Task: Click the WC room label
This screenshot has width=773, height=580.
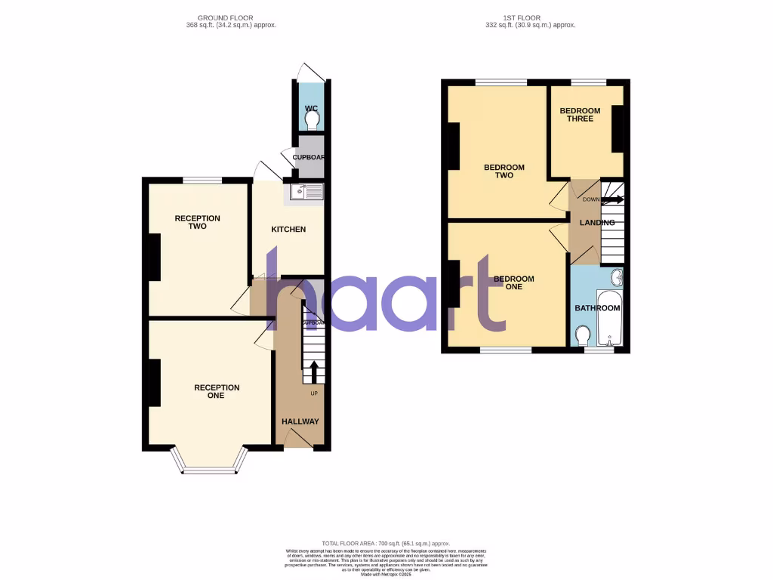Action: click(311, 109)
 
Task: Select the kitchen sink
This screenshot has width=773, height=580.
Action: click(304, 192)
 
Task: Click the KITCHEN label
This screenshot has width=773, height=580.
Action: click(288, 229)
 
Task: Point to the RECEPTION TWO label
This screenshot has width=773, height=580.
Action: click(198, 222)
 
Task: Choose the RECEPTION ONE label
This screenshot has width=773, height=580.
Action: click(217, 391)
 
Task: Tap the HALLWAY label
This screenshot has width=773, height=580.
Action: click(300, 421)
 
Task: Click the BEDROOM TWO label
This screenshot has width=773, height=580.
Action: click(504, 171)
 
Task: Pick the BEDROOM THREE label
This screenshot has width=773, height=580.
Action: click(580, 115)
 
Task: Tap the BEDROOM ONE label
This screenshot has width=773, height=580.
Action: click(513, 282)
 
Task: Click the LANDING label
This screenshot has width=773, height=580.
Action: click(597, 223)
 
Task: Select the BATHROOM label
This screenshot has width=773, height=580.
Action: click(597, 308)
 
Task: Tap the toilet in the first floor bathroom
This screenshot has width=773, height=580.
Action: click(583, 335)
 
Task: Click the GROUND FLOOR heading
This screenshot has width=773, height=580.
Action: click(225, 17)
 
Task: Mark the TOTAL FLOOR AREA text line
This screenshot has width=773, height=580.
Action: click(386, 544)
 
